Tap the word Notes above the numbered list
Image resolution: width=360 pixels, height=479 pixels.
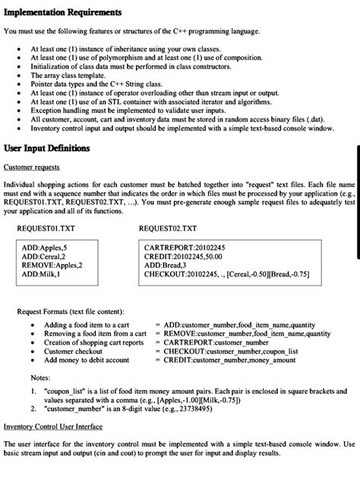tap(41, 377)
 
